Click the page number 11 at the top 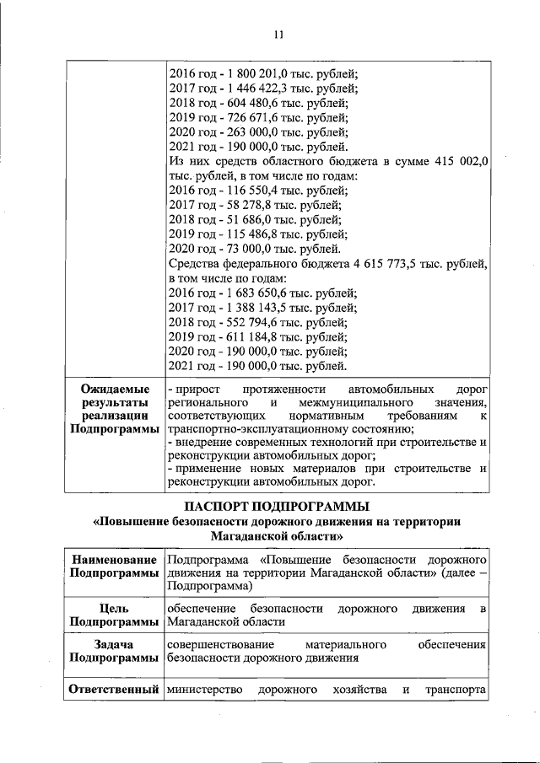(279, 35)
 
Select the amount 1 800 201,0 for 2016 (255, 72)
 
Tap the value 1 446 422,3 (255, 87)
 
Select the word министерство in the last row (205, 691)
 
